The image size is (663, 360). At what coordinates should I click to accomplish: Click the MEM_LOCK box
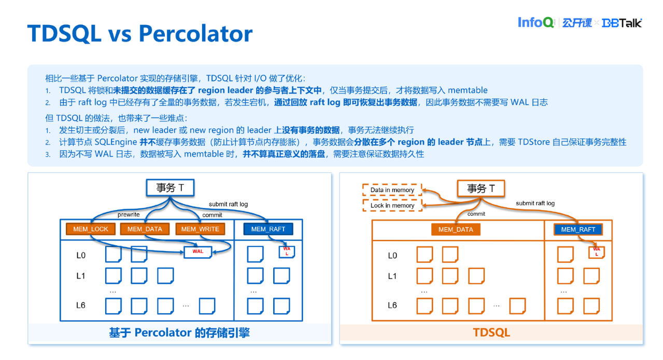coord(91,229)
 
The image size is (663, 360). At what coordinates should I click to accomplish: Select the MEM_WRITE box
coord(200,229)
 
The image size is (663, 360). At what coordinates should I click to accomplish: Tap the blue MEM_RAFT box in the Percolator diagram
coord(268,229)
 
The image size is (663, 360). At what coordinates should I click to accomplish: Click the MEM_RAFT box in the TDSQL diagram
coord(578,230)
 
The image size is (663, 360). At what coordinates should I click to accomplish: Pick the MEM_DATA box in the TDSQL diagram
coord(456,230)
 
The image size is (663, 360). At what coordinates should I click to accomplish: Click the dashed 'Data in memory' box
coord(392,190)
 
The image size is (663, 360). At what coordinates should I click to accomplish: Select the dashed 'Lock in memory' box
coord(392,205)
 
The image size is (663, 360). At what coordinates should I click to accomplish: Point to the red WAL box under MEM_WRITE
coord(198,252)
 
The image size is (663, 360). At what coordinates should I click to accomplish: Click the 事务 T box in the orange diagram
coord(481,188)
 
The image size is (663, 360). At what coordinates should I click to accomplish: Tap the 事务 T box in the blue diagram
coord(170,188)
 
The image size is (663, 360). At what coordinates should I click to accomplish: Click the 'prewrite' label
coord(129,215)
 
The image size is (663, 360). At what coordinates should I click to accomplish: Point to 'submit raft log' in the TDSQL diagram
coord(535,203)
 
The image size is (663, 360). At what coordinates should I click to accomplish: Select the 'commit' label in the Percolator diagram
coord(212,215)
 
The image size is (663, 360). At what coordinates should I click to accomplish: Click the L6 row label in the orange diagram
coord(392,305)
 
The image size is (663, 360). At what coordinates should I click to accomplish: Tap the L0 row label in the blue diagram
coord(81,255)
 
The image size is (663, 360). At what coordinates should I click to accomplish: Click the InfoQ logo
coord(535,22)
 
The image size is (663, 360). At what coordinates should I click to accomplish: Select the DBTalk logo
coord(622,23)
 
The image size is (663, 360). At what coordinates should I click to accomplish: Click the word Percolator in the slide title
coord(195,34)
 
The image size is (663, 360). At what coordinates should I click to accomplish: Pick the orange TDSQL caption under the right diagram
coord(491,333)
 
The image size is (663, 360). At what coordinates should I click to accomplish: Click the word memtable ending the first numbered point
coord(468,90)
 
